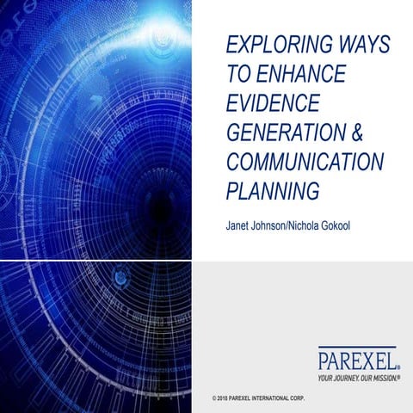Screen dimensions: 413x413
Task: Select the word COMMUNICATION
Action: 304,162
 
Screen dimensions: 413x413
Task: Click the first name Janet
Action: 237,226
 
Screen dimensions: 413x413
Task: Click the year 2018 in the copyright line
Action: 229,401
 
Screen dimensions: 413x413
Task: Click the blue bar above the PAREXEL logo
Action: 356,346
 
